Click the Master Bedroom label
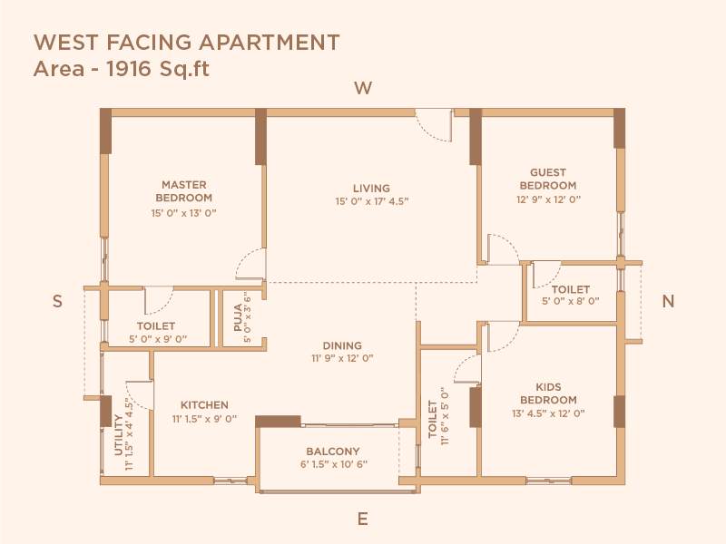184,191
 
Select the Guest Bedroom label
548,179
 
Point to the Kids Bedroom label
548,393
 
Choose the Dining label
342,345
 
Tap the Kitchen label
204,405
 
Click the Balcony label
332,452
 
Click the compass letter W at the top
363,88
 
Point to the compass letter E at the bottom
362,519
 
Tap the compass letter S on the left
57,302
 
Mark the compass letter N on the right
668,302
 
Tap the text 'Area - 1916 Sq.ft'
121,69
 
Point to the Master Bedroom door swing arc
250,266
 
